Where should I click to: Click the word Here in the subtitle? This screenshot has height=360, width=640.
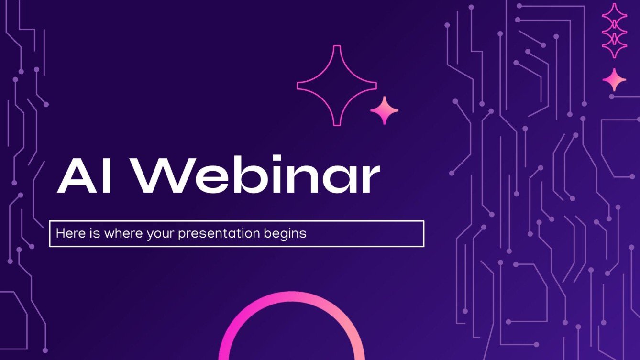tap(68, 234)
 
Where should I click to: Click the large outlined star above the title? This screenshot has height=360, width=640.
tap(337, 86)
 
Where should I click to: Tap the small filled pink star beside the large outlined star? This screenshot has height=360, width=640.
tap(384, 110)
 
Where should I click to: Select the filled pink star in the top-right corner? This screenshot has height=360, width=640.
tap(614, 80)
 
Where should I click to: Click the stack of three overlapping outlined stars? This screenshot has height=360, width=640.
tap(614, 31)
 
